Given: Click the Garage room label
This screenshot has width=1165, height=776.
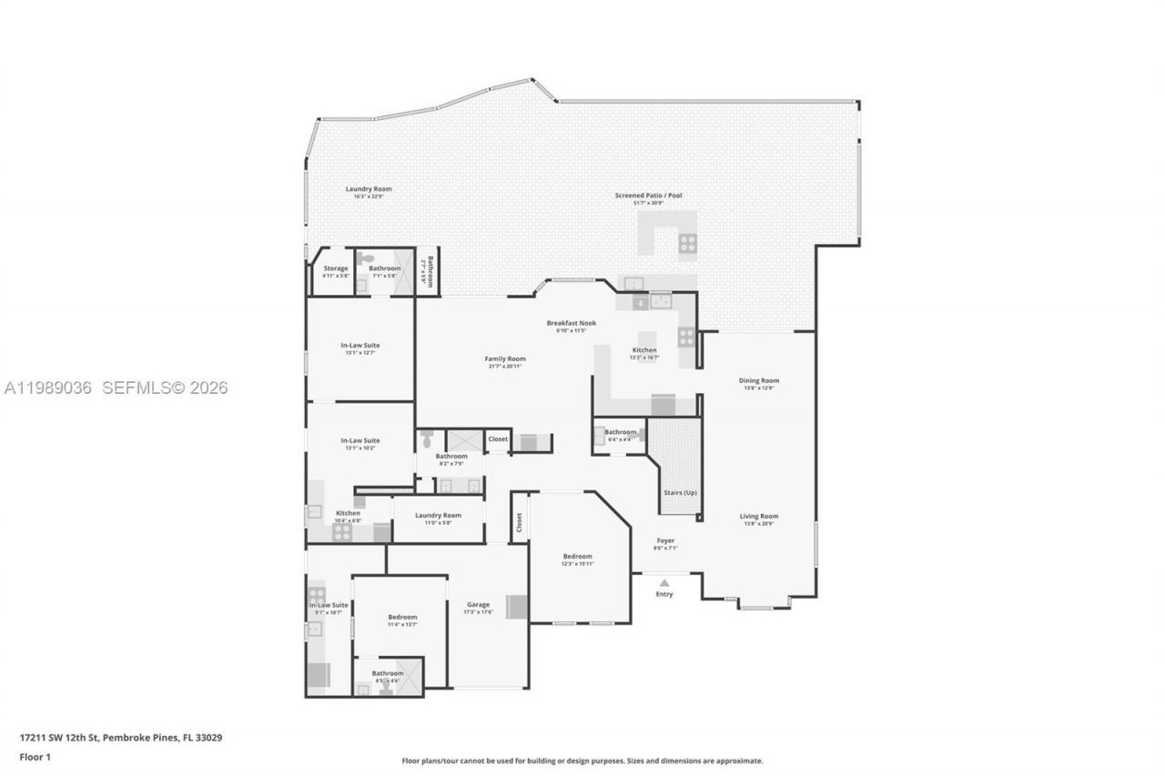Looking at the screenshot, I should pos(478,604).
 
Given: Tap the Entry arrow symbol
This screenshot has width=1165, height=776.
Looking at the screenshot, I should pos(664,583).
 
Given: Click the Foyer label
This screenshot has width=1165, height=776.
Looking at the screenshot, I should pos(665,540).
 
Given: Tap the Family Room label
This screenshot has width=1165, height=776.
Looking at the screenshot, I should pos(504,358).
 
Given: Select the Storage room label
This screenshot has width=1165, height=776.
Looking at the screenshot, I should pos(335,268).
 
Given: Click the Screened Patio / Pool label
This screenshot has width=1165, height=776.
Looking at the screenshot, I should pos(648,196).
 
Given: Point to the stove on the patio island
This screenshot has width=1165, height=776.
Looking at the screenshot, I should pos(687,243).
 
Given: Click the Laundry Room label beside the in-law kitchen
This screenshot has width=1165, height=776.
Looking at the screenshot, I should pos(438,515).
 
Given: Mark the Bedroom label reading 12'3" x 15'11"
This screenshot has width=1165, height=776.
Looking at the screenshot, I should pos(577,556).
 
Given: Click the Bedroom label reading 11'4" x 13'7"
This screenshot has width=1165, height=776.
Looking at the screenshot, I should pos(402,617).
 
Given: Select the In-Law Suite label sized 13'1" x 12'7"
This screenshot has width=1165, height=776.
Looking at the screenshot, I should pos(360,345).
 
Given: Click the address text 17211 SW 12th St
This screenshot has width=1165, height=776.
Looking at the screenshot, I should pos(64,738).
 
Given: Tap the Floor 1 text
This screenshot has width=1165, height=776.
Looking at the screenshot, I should pos(35,757).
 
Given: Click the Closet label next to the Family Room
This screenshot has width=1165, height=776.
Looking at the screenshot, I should pos(498,438).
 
